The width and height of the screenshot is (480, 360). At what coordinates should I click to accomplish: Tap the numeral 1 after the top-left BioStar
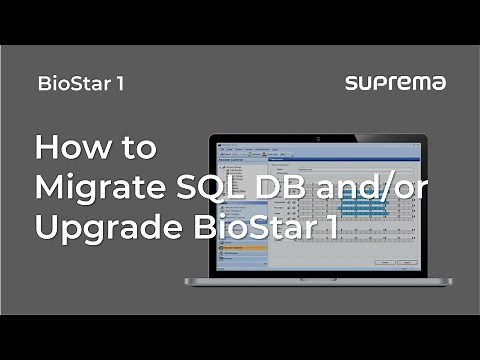coord(119,83)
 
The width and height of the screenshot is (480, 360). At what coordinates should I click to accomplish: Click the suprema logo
coord(395,83)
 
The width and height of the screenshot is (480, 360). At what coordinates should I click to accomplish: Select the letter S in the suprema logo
coord(351,83)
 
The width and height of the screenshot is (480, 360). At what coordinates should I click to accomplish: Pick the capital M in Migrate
coord(49,187)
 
